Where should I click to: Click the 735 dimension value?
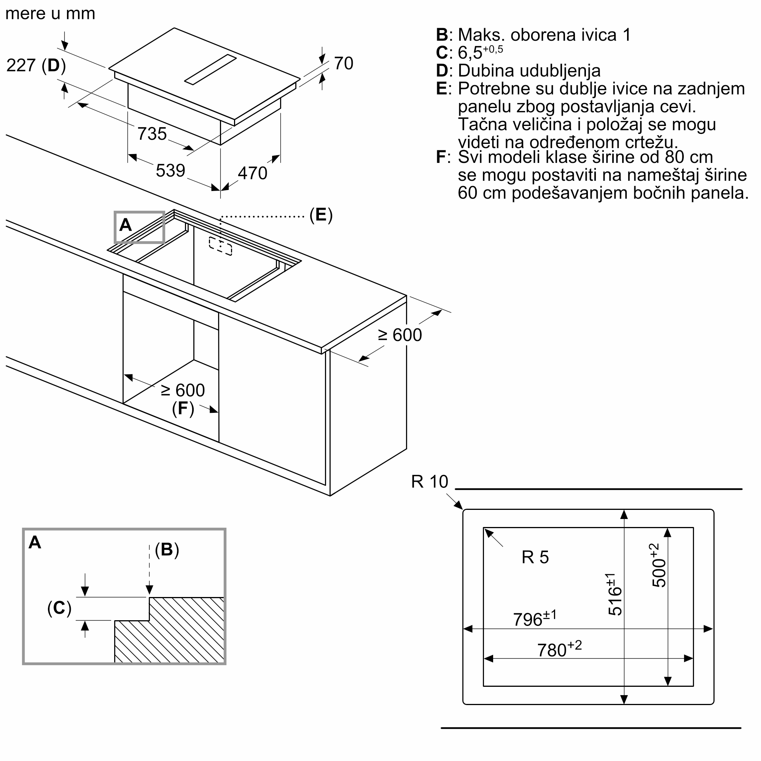152,134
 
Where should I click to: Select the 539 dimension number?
170,170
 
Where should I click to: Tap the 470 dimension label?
253,173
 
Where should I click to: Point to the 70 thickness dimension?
344,64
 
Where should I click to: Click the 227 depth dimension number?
21,65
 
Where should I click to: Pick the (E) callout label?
321,215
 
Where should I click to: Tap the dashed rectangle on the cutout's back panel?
221,246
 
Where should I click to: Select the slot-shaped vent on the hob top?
211,69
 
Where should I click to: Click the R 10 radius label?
429,482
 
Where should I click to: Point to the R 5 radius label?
535,557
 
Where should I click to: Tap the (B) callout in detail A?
167,549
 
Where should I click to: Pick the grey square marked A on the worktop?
139,227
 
